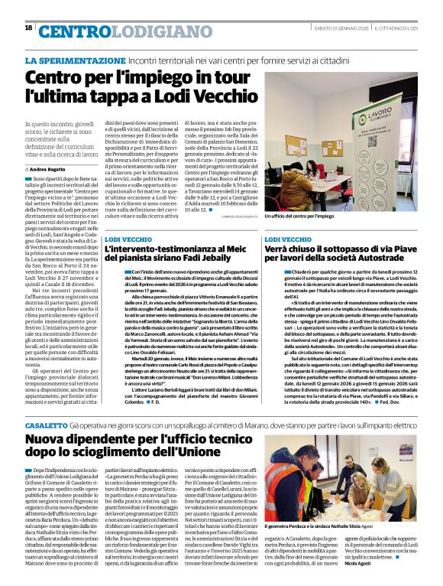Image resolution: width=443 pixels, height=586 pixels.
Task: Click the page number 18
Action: (28, 28)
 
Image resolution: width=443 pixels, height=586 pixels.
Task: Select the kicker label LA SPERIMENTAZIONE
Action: (75, 60)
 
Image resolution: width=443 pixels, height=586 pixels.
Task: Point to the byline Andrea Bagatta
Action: (48, 168)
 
